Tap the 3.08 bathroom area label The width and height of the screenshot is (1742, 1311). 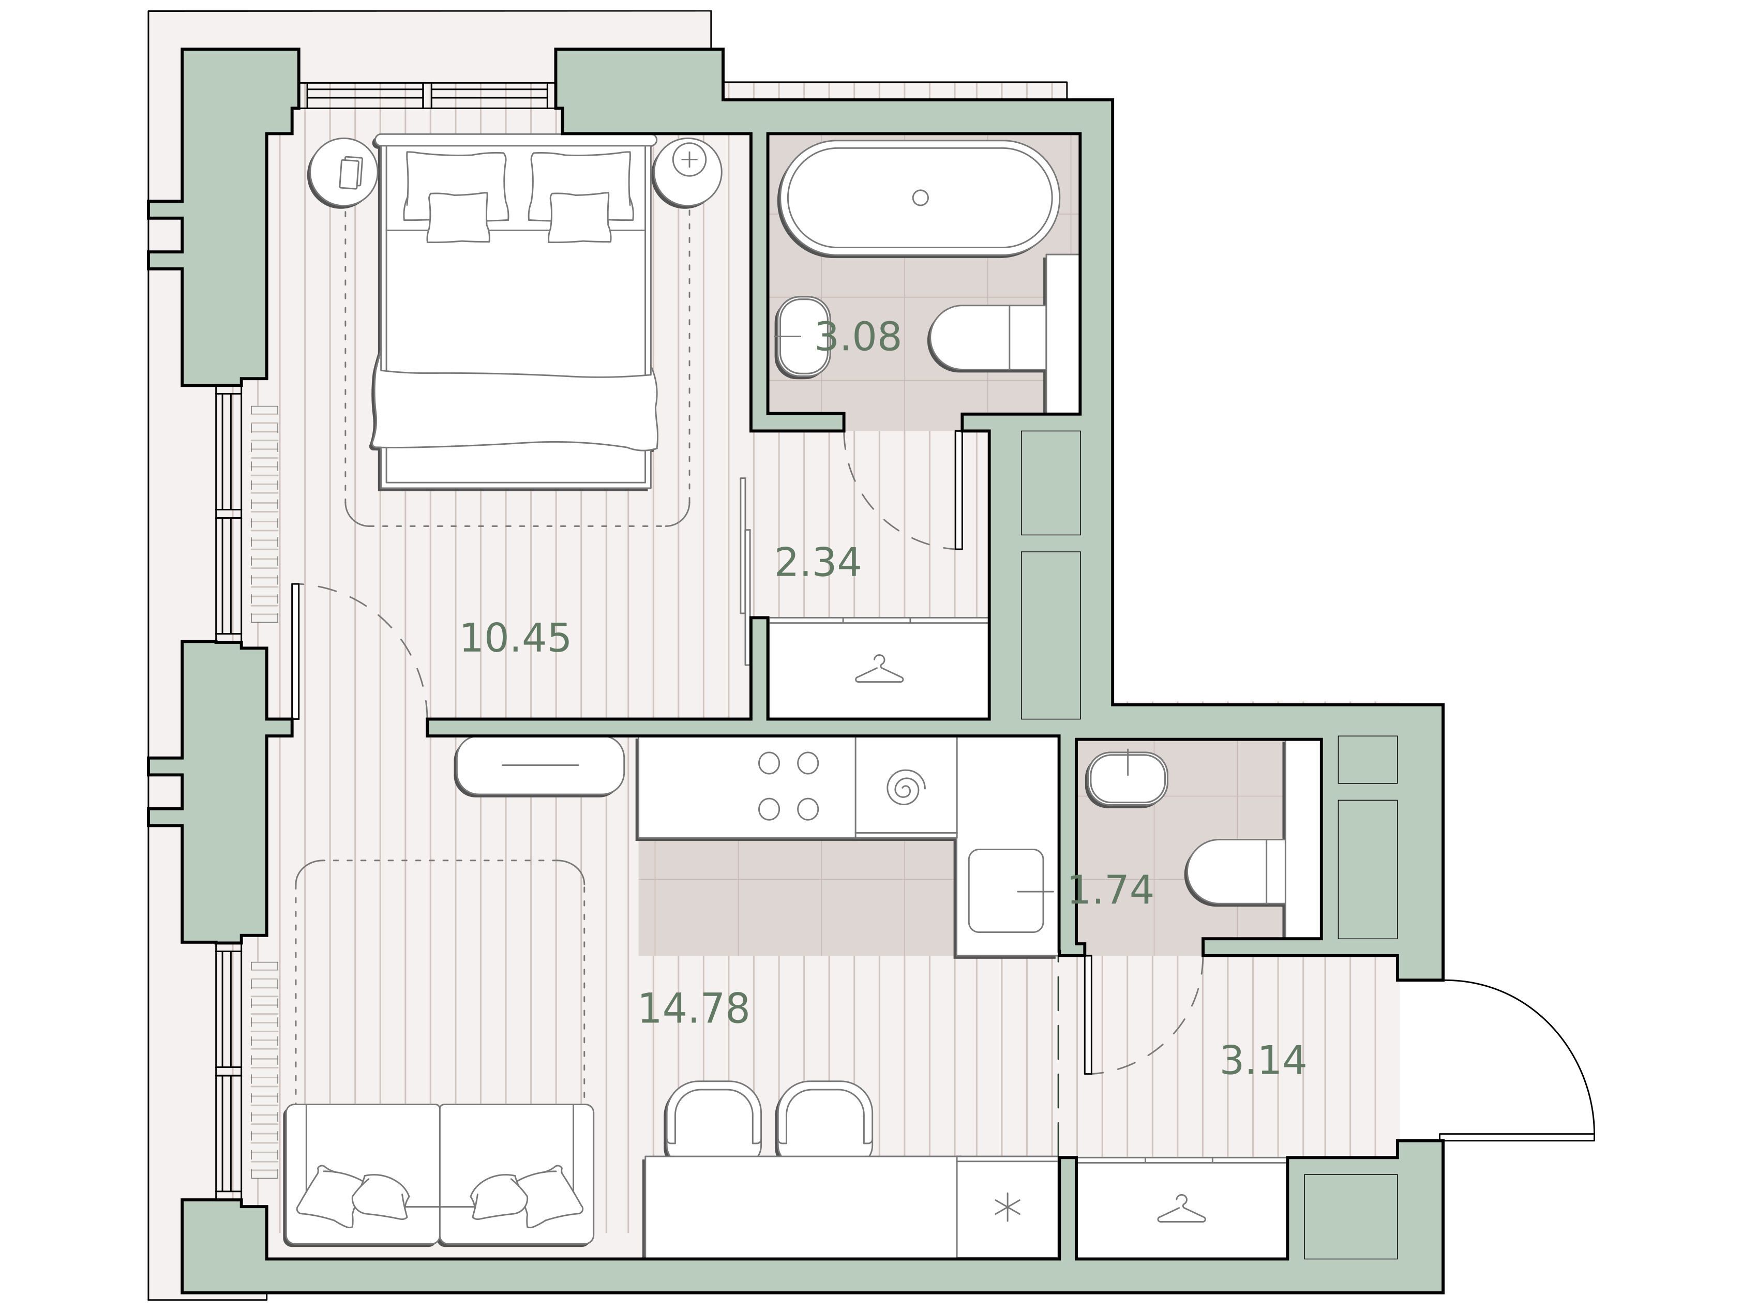[858, 337]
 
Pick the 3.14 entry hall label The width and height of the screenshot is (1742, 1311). [1263, 1061]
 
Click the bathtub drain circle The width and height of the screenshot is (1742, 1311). [920, 198]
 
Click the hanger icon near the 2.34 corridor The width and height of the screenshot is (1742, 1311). [879, 670]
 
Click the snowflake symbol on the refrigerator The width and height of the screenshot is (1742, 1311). [1007, 1208]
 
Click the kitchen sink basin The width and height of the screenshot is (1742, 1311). [1005, 891]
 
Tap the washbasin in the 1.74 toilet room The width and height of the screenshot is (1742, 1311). [1127, 779]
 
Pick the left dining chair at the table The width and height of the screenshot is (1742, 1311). [713, 1118]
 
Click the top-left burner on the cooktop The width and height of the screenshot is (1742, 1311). [769, 763]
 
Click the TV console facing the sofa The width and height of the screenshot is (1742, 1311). [539, 766]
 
